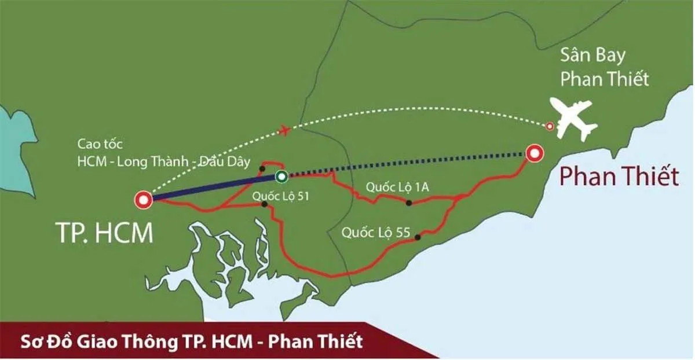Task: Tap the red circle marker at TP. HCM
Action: (x=142, y=200)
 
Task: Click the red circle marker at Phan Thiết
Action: (x=533, y=153)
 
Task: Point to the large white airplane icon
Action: (x=574, y=119)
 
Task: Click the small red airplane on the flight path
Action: (x=284, y=130)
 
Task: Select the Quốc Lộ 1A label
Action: (x=396, y=187)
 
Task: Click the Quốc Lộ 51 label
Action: (x=281, y=196)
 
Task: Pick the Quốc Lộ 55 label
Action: (x=376, y=233)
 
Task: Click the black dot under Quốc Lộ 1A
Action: (x=409, y=203)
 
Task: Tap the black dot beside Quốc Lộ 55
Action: (x=417, y=236)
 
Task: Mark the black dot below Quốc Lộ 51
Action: (x=264, y=204)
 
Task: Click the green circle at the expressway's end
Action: (x=281, y=177)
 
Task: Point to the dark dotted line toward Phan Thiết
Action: (x=405, y=164)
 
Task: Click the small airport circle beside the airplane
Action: (x=550, y=126)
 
